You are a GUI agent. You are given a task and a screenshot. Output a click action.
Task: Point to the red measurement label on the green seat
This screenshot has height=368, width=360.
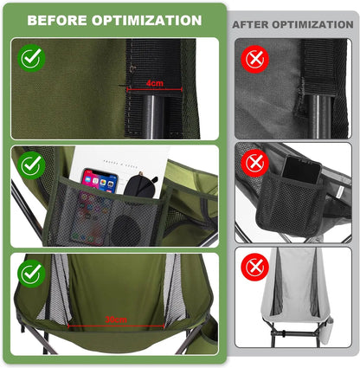coord(113,319)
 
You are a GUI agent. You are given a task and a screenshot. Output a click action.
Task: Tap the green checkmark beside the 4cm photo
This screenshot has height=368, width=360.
coord(32,59)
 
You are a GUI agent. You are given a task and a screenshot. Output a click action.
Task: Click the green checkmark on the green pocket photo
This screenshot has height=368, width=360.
coord(32,165)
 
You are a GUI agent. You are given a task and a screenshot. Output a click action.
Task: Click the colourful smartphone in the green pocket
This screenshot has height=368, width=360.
coord(98,187)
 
